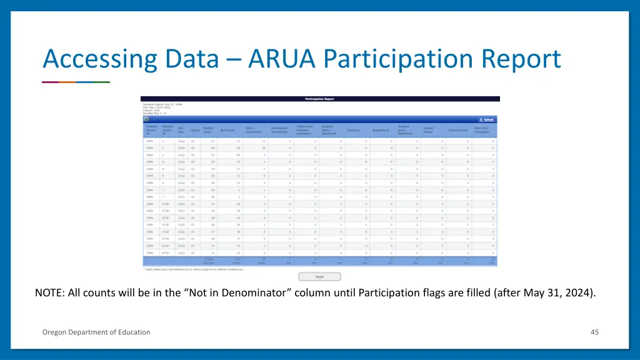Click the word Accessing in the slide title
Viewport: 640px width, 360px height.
(99, 60)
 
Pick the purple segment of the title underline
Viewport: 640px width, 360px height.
(50, 82)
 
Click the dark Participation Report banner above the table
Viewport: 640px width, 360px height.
(320, 99)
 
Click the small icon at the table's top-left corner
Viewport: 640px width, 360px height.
(146, 118)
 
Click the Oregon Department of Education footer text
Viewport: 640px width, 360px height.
(96, 332)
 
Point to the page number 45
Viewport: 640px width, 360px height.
(594, 332)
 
